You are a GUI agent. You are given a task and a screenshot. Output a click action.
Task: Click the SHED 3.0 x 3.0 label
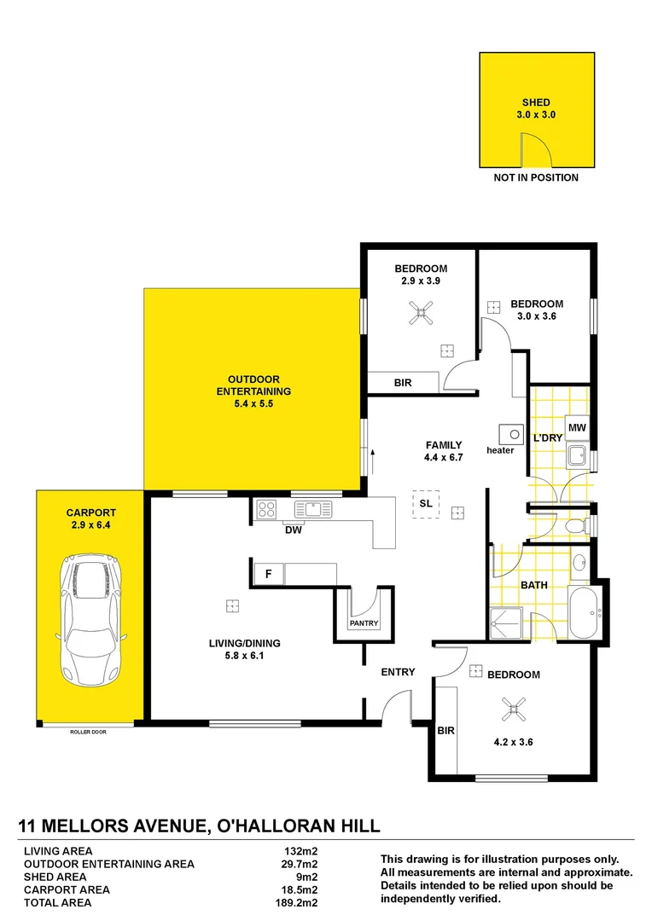point(536,108)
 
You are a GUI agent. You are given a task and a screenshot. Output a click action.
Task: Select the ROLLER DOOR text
point(89,731)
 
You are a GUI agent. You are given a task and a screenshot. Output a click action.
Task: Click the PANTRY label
point(364,623)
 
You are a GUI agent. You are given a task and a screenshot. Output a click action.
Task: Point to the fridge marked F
point(268,574)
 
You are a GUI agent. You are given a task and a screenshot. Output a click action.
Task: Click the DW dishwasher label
point(294,530)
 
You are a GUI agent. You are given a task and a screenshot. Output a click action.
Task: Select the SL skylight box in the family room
point(424,503)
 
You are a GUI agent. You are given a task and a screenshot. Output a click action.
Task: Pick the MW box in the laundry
point(577,427)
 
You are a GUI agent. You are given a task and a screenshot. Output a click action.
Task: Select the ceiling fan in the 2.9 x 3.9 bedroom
point(419,316)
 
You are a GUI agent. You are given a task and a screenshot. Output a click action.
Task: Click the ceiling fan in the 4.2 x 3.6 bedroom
point(515,707)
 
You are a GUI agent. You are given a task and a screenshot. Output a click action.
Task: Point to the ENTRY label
point(398,672)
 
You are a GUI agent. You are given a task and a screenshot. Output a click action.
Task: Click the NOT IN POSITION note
point(536,177)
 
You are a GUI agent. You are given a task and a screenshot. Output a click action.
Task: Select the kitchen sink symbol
point(312,510)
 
